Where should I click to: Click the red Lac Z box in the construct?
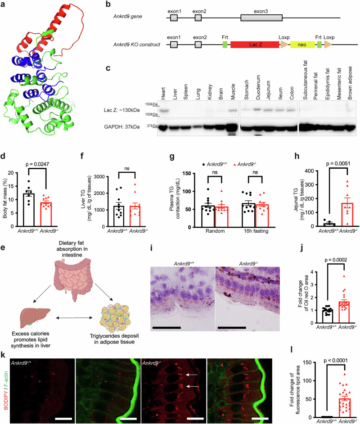click(x=255, y=45)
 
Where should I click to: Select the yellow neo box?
click(x=302, y=45)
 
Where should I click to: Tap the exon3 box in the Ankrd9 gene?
click(x=261, y=18)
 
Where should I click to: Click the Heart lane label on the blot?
click(x=163, y=93)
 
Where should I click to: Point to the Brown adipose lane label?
click(x=350, y=83)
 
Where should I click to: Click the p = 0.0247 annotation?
click(x=37, y=164)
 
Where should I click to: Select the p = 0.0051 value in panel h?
click(x=338, y=163)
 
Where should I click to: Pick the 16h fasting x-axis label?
click(x=256, y=231)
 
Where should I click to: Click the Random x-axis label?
click(x=215, y=231)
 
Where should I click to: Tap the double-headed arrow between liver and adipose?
click(x=74, y=318)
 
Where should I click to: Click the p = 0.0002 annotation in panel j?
click(x=336, y=260)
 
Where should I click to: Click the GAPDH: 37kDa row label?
click(x=122, y=126)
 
